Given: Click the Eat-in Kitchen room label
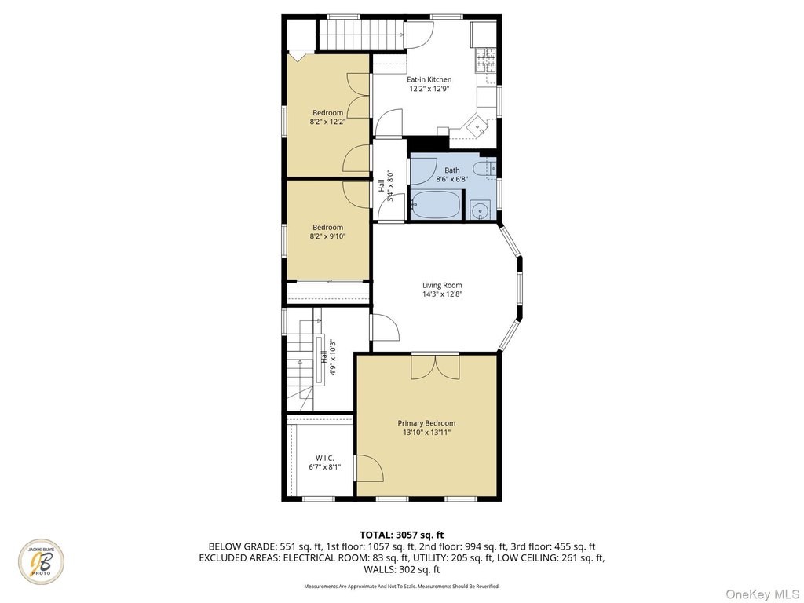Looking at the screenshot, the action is (x=429, y=79).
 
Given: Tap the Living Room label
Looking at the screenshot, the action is (x=442, y=285).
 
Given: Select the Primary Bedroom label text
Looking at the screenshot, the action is (x=426, y=423).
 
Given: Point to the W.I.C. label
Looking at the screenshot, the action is (x=324, y=458).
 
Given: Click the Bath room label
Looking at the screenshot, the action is (x=452, y=170).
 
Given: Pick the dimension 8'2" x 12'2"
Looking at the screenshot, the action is (x=327, y=122).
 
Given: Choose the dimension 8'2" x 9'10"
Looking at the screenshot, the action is (x=327, y=236).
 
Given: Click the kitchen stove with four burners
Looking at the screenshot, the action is (x=486, y=60).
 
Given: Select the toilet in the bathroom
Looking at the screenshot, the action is (x=484, y=168).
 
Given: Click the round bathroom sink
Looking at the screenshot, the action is (x=480, y=210).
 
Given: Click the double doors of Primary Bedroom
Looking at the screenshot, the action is (x=435, y=366).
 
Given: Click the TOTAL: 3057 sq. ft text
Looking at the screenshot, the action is (x=401, y=535).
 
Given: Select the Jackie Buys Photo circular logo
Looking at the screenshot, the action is (x=42, y=561).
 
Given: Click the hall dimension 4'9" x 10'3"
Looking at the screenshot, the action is (x=333, y=357).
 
